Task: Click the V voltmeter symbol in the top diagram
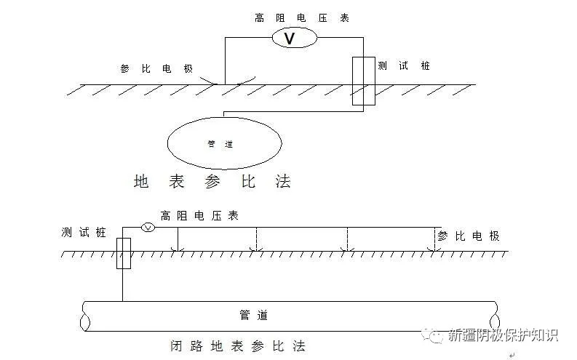pyautogui.click(x=290, y=39)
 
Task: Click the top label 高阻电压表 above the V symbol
pyautogui.click(x=302, y=17)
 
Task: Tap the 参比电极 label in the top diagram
pyautogui.click(x=156, y=68)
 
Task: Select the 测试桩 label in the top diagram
pyautogui.click(x=404, y=65)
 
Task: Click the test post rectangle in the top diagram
pyautogui.click(x=363, y=80)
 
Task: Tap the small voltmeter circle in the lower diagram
pyautogui.click(x=147, y=228)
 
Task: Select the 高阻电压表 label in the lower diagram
pyautogui.click(x=199, y=216)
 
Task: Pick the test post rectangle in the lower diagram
pyautogui.click(x=123, y=252)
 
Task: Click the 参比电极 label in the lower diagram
pyautogui.click(x=469, y=236)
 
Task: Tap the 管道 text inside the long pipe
pyautogui.click(x=253, y=315)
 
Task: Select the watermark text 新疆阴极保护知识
pyautogui.click(x=503, y=335)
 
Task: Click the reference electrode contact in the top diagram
pyautogui.click(x=218, y=82)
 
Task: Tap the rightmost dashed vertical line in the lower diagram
pyautogui.click(x=435, y=239)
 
